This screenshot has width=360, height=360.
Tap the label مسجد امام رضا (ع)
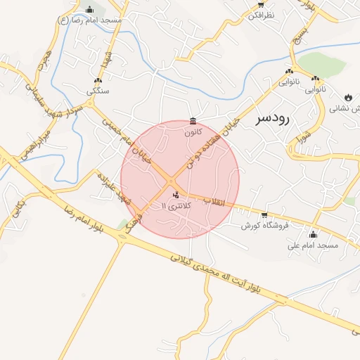(x=89, y=20)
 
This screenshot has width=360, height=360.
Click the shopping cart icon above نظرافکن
(x=261, y=4)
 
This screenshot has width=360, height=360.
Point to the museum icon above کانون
(x=193, y=120)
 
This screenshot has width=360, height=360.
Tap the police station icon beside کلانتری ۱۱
(x=175, y=195)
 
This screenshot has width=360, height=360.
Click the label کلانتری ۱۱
(x=175, y=205)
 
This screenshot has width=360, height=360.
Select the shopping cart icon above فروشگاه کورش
(x=264, y=215)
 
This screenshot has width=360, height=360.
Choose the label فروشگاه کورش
(x=265, y=226)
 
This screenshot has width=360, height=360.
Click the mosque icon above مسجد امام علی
(x=313, y=234)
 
